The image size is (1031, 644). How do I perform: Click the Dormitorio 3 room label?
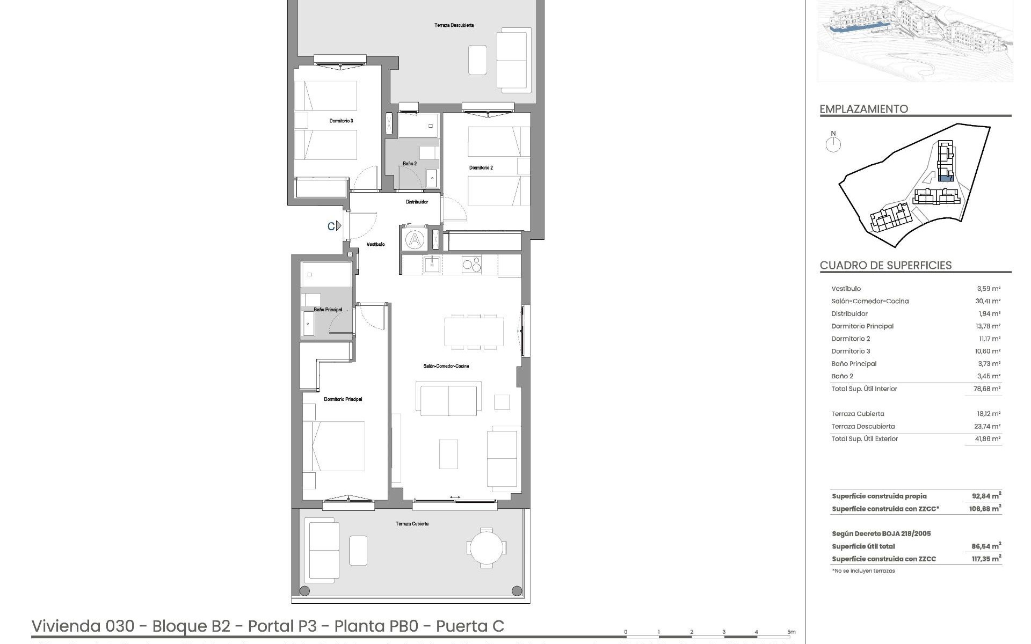[341, 121]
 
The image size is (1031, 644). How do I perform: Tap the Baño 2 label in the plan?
[410, 163]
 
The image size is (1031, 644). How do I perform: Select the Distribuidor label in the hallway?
[417, 202]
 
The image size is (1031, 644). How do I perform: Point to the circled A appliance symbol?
[415, 239]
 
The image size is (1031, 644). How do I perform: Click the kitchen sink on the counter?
[431, 265]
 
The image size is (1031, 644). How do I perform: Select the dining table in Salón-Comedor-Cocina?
[474, 332]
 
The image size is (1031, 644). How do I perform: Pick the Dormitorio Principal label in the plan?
[343, 399]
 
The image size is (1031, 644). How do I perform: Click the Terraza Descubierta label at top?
[454, 25]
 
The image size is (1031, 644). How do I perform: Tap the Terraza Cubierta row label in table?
[858, 414]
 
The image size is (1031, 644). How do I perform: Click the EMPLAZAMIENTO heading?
[863, 109]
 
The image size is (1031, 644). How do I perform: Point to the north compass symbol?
[833, 143]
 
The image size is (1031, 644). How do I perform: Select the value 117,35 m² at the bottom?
[986, 559]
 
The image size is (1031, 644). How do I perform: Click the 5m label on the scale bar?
[791, 632]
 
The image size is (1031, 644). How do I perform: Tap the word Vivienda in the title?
[66, 626]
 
